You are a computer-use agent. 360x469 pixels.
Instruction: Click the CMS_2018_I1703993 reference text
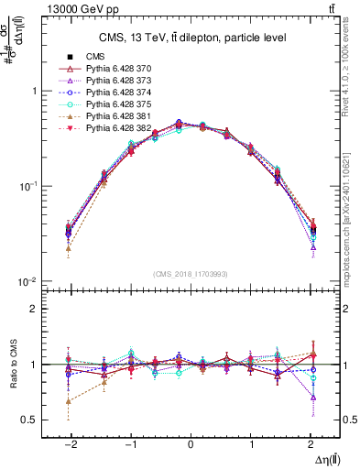[x=190, y=274]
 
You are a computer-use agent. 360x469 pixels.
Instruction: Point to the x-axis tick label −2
[x=69, y=442]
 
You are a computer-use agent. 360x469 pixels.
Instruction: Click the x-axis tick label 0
[x=190, y=442]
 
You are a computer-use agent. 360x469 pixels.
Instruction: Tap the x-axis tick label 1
[x=250, y=442]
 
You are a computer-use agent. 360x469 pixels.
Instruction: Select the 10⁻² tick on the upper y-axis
[x=29, y=280]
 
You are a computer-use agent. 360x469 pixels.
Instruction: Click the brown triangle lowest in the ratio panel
[x=69, y=401]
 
